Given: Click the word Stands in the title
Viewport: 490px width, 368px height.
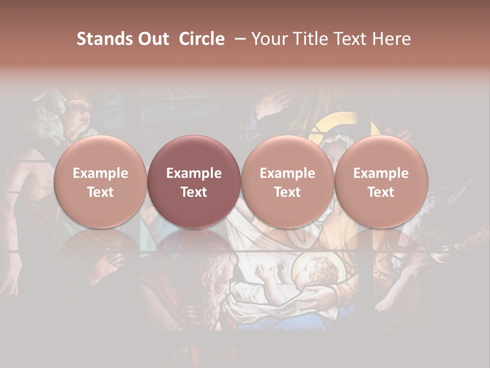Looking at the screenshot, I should [x=102, y=39].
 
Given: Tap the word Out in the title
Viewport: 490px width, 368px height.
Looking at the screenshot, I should [x=152, y=39].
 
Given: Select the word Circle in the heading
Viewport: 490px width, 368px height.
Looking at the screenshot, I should [x=202, y=39].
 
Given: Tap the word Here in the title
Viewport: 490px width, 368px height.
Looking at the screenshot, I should [x=392, y=39].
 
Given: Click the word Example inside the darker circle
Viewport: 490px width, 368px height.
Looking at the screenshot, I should [x=194, y=173].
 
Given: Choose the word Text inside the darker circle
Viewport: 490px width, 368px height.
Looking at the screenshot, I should [x=194, y=192].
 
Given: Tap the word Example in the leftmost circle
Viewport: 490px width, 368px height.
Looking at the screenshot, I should [x=101, y=173].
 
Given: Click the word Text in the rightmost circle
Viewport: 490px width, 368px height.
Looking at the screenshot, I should [x=381, y=192].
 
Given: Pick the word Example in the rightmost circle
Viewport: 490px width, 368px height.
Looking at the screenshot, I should [x=381, y=173].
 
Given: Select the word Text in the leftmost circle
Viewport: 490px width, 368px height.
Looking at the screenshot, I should [x=101, y=192].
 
